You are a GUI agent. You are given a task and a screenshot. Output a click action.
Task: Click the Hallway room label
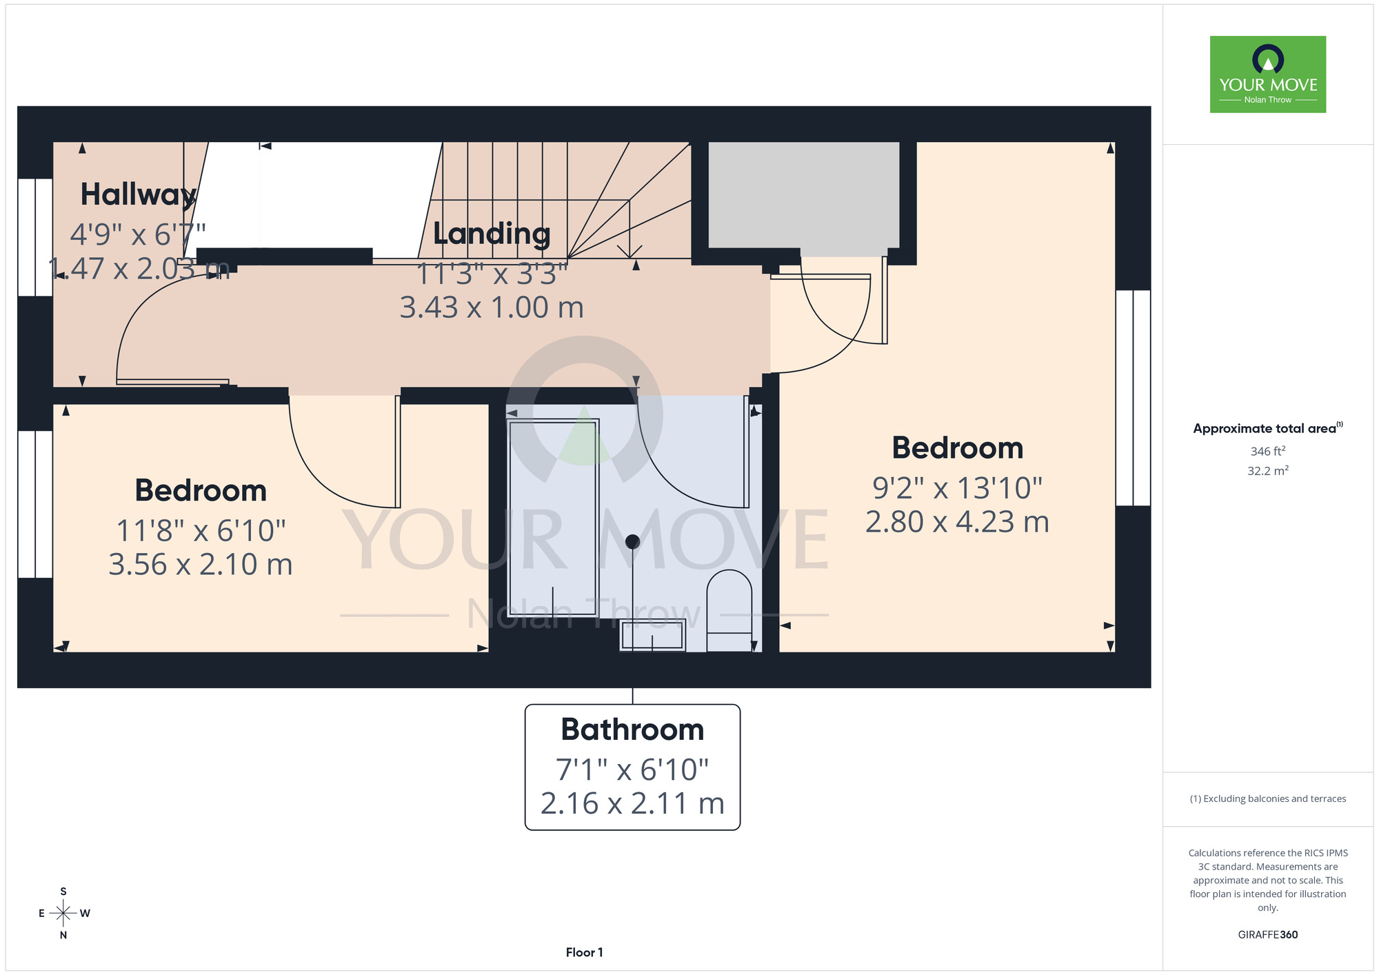pos(139,195)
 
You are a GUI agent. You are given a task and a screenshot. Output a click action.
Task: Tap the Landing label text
pos(492,234)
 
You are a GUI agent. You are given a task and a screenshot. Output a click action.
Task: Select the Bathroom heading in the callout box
pos(632,730)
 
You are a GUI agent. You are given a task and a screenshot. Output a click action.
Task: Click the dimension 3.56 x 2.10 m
pos(201,565)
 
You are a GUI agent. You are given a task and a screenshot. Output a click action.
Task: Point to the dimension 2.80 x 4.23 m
pos(957,522)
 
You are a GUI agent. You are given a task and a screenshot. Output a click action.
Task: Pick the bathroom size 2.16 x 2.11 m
pos(632,803)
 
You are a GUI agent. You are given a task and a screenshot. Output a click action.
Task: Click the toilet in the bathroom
pos(729,610)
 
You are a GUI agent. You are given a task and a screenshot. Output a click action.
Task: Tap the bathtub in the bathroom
pos(553,517)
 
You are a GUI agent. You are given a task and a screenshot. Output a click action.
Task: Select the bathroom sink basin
pos(652,635)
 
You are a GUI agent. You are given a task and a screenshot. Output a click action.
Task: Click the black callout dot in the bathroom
pos(632,542)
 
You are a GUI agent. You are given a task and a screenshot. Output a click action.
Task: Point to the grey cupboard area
pos(804,194)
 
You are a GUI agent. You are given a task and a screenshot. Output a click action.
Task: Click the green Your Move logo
pos(1267,74)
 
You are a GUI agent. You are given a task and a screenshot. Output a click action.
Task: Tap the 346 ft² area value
pos(1267,451)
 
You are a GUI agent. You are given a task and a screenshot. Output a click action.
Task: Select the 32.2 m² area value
pos(1267,471)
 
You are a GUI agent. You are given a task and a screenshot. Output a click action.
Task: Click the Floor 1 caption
pos(584,952)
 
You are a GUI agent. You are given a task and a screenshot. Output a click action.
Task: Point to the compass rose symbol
pos(63,914)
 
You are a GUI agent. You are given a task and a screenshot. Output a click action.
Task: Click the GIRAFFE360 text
pos(1267,935)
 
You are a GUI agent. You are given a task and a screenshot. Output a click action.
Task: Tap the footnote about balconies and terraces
pos(1267,798)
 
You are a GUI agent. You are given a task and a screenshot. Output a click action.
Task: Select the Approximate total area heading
pos(1267,428)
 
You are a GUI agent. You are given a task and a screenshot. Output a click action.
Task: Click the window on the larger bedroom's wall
pos(1133,398)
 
